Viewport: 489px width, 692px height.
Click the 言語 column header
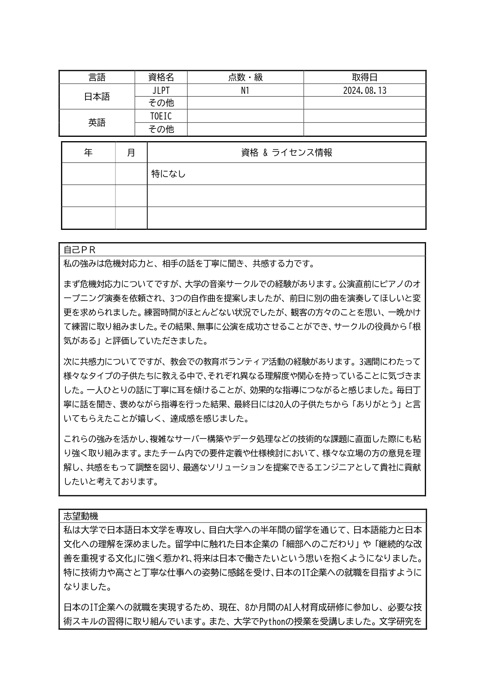[x=97, y=77]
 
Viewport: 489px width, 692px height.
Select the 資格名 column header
[x=161, y=77]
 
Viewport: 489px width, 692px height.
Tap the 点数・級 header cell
[x=245, y=77]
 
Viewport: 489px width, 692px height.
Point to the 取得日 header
[x=364, y=77]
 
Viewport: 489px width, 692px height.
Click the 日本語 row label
[x=97, y=97]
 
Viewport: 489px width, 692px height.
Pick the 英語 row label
[x=97, y=123]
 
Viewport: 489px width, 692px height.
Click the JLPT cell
[x=161, y=90]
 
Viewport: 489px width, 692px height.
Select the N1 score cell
[x=245, y=90]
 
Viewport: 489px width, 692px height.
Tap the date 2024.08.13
[x=364, y=90]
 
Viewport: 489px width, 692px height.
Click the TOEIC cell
[x=161, y=116]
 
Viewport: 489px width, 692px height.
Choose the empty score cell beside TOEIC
[x=245, y=116]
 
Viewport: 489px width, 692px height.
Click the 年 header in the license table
[x=88, y=153]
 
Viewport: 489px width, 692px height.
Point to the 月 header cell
[x=131, y=153]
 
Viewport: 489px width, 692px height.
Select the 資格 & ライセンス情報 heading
[x=286, y=153]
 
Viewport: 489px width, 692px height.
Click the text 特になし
[x=168, y=174]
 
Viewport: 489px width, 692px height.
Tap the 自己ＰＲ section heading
[x=80, y=250]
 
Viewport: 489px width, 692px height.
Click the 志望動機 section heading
[x=81, y=516]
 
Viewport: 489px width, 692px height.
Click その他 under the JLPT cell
[x=161, y=103]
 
